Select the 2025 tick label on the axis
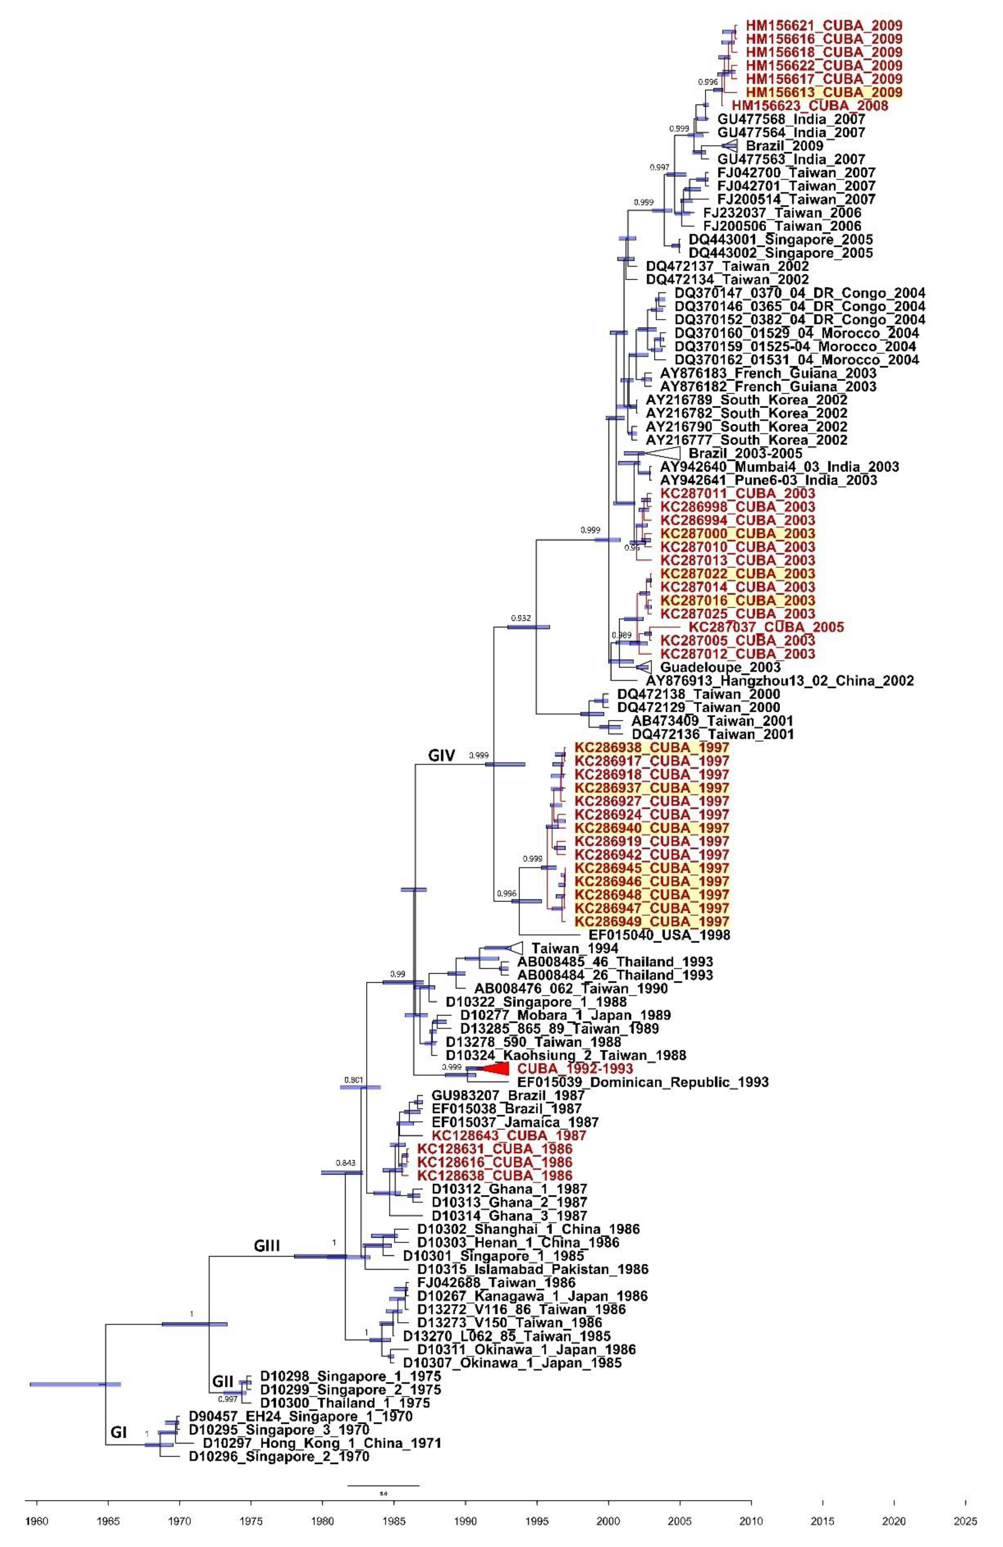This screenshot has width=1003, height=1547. [x=965, y=1522]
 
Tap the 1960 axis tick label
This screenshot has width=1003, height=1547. [x=37, y=1522]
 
